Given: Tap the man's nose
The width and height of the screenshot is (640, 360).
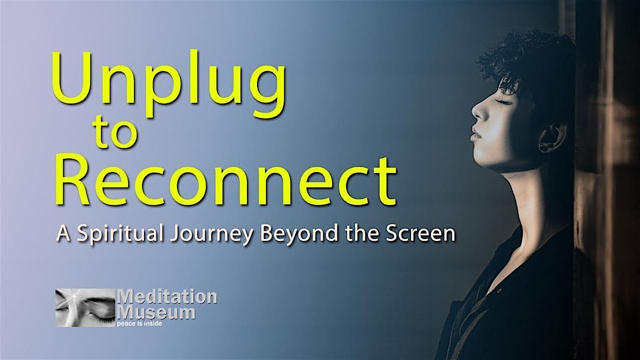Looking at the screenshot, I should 477,112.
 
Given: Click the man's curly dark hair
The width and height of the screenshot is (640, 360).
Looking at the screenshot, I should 528,59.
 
